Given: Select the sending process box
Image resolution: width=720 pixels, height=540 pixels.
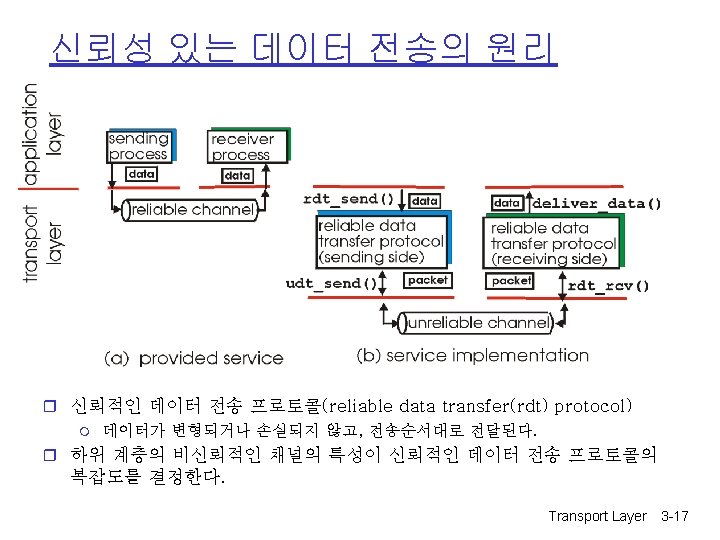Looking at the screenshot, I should [138, 147].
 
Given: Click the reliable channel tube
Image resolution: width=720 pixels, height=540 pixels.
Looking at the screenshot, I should [190, 210].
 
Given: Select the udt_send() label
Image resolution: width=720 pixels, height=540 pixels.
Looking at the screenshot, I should [331, 283].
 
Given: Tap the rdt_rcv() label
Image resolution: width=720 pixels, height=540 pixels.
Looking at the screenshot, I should [608, 286].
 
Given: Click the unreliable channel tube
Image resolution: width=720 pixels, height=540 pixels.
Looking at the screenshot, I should [477, 323].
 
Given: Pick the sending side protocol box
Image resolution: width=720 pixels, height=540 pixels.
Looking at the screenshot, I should [381, 242].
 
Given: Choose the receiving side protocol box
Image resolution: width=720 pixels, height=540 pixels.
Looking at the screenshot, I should [553, 244].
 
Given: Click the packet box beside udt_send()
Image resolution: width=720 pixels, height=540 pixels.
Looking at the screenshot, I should [428, 281].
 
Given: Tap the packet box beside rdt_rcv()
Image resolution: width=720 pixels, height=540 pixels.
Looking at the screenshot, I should [511, 281].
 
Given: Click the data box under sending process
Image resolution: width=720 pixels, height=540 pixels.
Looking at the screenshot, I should [142, 174].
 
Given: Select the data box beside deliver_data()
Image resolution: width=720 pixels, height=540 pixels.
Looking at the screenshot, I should [507, 203].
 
